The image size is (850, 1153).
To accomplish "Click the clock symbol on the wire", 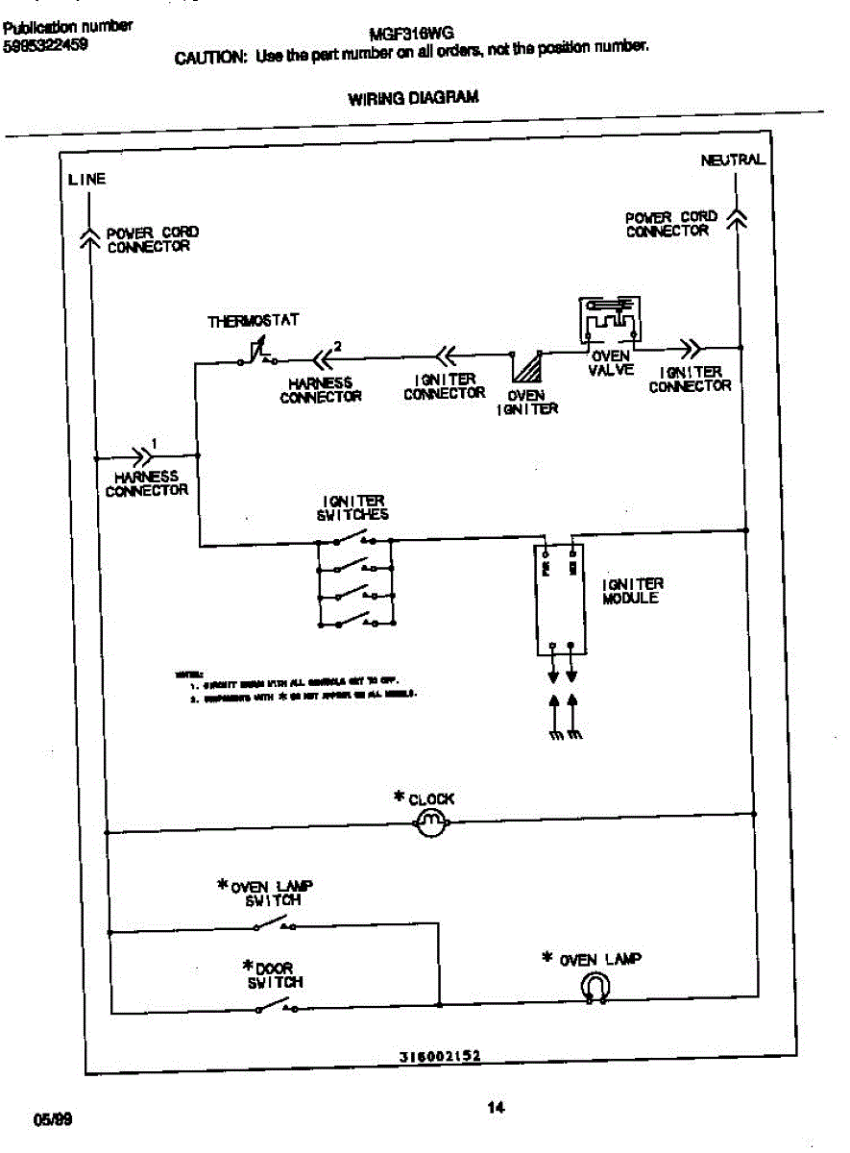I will click(429, 822).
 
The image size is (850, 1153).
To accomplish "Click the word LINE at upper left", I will click(86, 180).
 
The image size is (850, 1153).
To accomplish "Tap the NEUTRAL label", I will click(733, 160).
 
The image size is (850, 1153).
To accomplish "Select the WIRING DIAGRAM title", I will click(413, 98).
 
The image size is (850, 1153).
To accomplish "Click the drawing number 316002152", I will click(440, 1055).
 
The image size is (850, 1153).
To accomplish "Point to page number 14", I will click(496, 1108).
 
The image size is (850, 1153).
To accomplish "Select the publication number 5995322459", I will click(45, 43).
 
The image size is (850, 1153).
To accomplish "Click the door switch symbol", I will click(275, 1005).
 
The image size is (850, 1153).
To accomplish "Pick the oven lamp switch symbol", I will click(275, 923).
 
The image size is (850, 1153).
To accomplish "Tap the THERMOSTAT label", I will click(254, 321).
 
